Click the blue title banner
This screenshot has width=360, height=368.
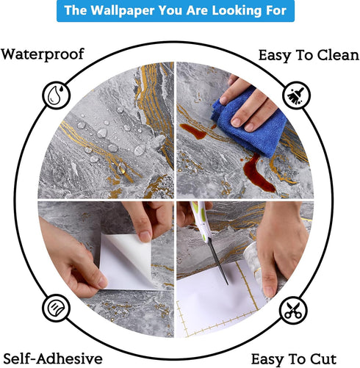pos(176,11)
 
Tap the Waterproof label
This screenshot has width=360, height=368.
pos(43,54)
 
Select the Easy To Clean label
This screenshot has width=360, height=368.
pos(309,56)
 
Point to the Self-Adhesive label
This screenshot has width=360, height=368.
pos(53,358)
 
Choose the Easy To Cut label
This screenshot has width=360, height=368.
pos(294,359)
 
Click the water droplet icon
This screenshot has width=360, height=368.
pos(57,95)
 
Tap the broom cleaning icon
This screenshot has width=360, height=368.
pos(296,95)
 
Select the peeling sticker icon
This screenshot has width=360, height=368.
pos(56,308)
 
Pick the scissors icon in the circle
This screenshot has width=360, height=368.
pos(293,310)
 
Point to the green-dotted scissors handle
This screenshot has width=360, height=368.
pos(201,220)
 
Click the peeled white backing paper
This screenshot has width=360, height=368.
pos(126,261)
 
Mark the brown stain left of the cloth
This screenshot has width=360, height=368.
pos(193,131)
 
